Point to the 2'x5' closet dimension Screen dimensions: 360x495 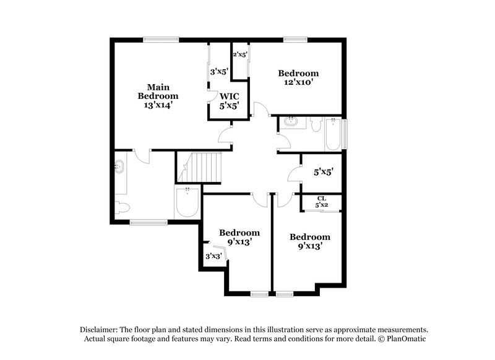240,54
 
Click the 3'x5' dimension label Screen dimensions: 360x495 220,72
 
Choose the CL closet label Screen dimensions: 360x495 321,198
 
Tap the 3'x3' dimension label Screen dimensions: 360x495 213,255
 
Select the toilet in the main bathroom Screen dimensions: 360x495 122,207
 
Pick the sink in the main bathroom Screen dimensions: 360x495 119,167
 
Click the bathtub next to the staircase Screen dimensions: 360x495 187,202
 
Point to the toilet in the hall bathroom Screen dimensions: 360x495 316,127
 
